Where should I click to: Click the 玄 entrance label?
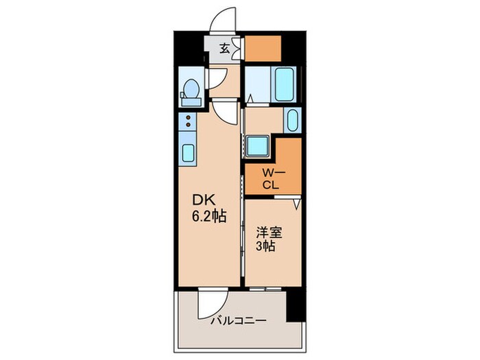[224, 48]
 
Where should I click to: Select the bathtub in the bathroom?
[284, 84]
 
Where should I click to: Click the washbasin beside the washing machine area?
[291, 122]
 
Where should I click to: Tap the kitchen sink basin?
[187, 153]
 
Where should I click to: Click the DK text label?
[205, 200]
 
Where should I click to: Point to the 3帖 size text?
[265, 246]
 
